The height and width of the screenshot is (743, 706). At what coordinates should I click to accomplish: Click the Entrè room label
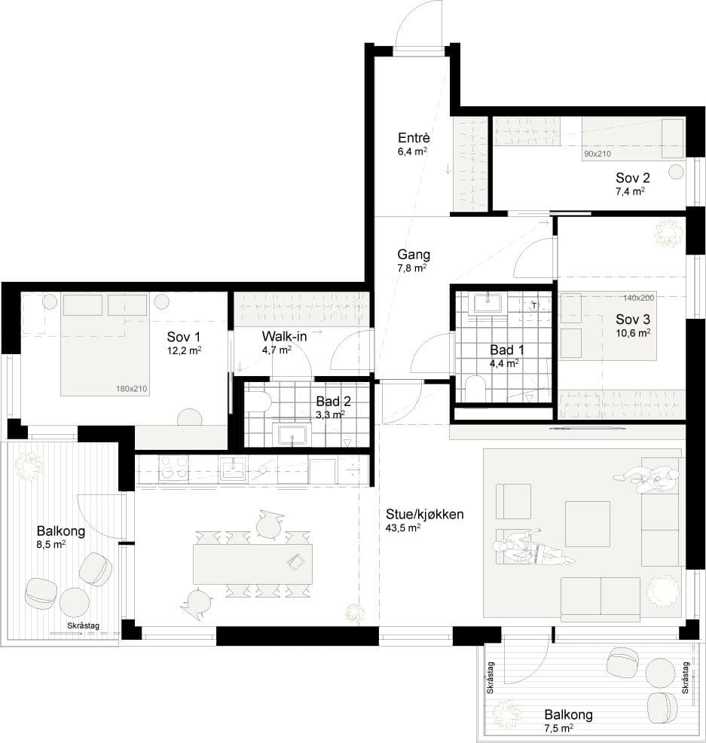click(414, 138)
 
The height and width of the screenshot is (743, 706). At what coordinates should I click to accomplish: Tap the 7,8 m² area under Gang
click(411, 268)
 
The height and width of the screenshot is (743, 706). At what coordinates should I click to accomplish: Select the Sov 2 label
click(633, 178)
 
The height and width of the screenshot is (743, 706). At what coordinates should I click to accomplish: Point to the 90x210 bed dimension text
click(598, 154)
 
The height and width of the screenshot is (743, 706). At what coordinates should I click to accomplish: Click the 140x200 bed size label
click(638, 298)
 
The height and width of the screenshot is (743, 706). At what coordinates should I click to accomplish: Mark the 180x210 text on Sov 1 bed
click(132, 389)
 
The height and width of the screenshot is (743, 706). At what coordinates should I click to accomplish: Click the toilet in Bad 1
click(474, 388)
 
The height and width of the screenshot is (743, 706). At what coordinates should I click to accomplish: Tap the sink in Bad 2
click(292, 435)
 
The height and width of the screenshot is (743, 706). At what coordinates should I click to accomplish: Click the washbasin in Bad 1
click(488, 304)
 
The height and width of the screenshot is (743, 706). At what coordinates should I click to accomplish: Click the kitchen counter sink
click(233, 469)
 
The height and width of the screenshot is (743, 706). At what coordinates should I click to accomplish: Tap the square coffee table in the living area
click(588, 524)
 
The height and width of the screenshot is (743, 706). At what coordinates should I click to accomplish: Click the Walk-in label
click(284, 337)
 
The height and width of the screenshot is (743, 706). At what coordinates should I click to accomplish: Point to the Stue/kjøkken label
click(424, 514)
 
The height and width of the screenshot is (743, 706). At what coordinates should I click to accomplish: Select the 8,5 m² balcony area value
click(50, 545)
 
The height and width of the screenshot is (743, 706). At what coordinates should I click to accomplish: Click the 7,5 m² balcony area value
click(559, 728)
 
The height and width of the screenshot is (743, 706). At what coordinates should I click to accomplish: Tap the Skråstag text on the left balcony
click(84, 625)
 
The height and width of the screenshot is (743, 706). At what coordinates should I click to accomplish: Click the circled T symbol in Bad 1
click(534, 305)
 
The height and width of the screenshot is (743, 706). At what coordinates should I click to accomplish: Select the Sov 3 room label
click(633, 320)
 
